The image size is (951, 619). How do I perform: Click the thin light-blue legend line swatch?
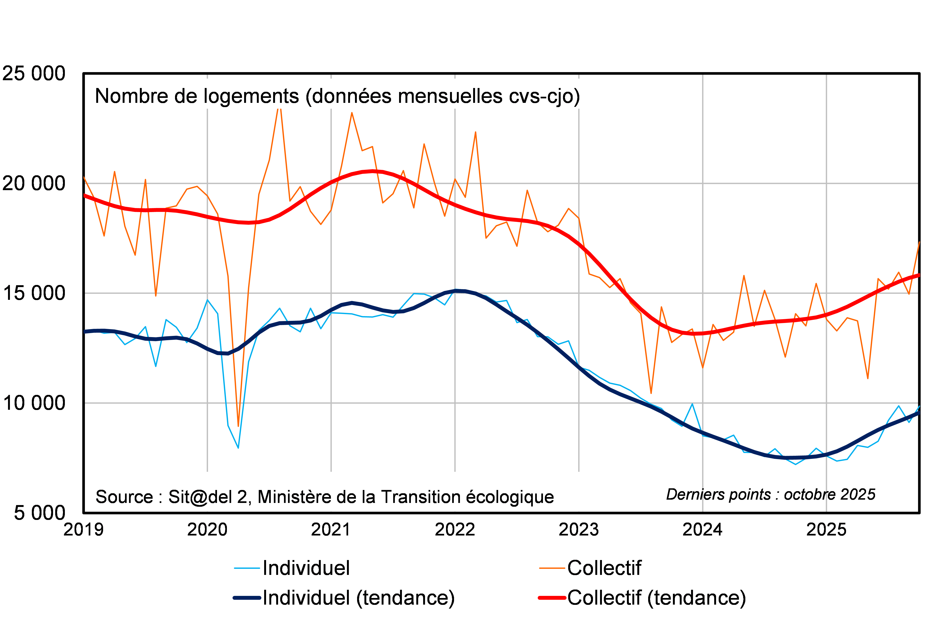click(x=247, y=568)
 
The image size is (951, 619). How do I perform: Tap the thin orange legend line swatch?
click(x=552, y=568)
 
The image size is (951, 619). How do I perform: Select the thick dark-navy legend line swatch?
click(x=247, y=598)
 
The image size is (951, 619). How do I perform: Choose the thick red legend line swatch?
click(x=552, y=598)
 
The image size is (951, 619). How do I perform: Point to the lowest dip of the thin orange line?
click(x=238, y=426)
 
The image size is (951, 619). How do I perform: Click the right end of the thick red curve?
click(x=919, y=275)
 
